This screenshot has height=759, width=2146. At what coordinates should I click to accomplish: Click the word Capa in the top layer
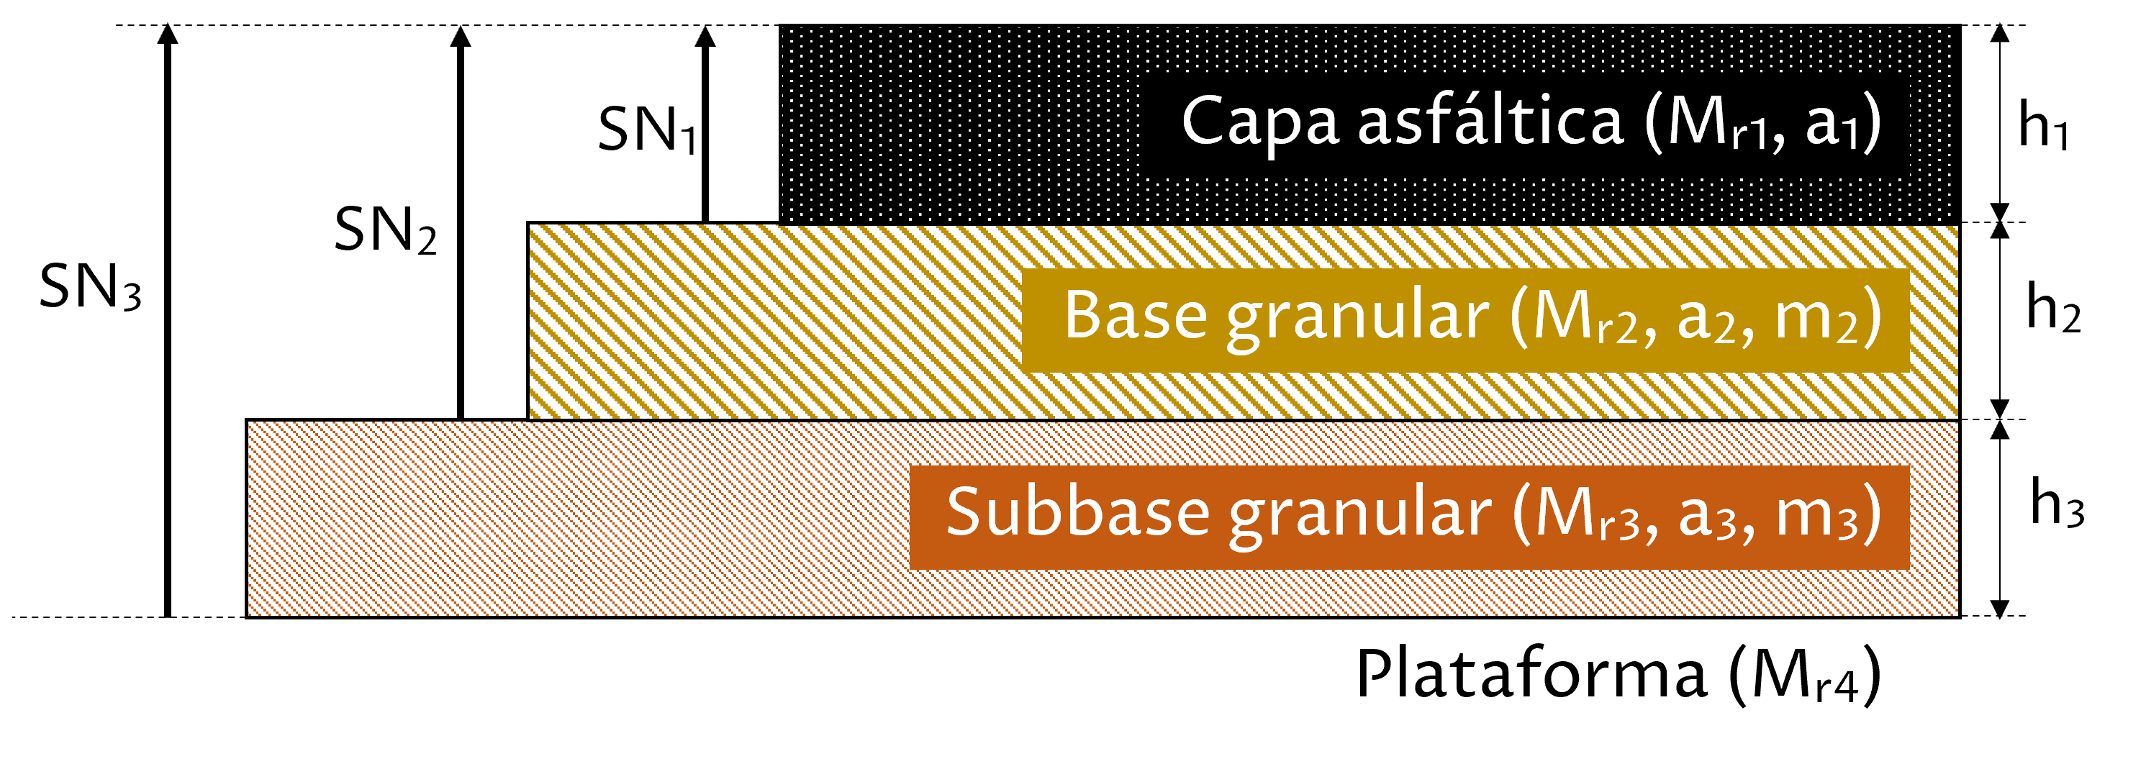1259,122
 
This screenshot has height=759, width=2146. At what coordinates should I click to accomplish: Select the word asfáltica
1490,120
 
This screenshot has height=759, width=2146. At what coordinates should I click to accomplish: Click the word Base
1136,317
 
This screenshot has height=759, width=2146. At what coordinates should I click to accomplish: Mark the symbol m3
1817,516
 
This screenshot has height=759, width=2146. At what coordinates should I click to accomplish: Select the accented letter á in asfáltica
1467,118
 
